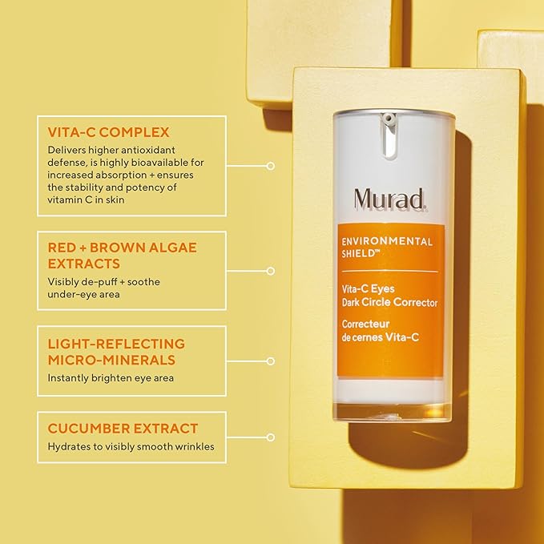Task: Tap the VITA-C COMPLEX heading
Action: [x=108, y=132]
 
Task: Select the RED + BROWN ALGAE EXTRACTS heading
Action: [x=122, y=256]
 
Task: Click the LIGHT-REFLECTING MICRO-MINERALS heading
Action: [x=116, y=352]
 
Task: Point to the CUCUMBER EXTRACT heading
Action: [x=123, y=429]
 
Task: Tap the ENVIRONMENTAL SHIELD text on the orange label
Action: [x=386, y=246]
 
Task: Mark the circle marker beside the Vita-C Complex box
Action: [x=271, y=166]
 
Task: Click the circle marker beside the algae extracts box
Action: [x=271, y=271]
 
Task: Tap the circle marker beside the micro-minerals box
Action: [x=271, y=361]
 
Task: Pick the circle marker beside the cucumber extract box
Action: [x=271, y=437]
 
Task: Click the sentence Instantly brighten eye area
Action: [x=111, y=377]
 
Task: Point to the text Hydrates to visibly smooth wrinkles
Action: [x=131, y=446]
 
